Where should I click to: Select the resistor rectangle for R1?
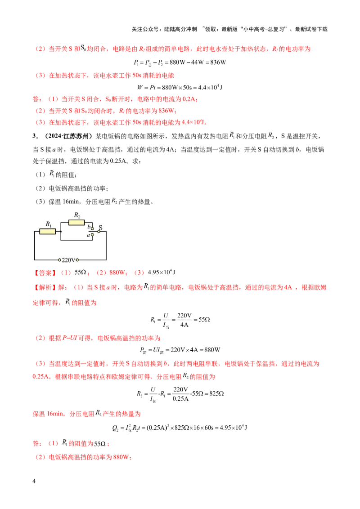coord(47,231)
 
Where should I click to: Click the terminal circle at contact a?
coord(93,235)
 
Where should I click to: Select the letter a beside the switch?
coord(88,235)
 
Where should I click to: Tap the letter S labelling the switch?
coord(100,227)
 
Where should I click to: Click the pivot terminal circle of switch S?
coord(99,232)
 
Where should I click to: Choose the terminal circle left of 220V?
coord(60,260)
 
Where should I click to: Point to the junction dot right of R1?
coord(60,231)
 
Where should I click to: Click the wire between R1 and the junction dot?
coord(58,231)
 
